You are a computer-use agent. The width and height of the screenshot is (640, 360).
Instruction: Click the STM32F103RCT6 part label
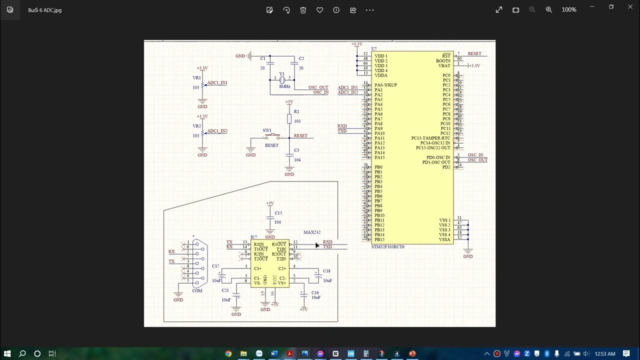coord(388,247)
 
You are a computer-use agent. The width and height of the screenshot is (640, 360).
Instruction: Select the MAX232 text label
coord(311,232)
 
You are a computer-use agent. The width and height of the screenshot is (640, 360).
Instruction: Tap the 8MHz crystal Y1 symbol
coord(282,80)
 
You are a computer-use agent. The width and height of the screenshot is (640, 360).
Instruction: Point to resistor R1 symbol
coord(289,118)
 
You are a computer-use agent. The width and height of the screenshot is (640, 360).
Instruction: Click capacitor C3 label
coord(296,150)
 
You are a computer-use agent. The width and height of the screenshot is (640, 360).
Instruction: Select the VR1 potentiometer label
coord(196,78)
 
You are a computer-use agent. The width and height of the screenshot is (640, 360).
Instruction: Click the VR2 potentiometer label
coord(196,126)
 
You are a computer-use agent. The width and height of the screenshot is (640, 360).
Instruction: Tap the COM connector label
coord(197,290)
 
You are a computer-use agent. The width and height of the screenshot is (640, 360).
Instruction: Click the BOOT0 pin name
coord(443,60)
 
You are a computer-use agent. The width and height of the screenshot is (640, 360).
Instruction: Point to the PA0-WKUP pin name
coord(385,85)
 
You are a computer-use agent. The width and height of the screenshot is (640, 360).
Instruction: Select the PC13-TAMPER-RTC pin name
coord(431,138)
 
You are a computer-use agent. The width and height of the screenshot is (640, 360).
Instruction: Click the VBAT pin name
coord(444,65)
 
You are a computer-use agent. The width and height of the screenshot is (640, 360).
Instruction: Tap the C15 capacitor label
coord(278,213)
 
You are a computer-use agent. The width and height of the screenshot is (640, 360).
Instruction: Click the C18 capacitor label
coord(326,271)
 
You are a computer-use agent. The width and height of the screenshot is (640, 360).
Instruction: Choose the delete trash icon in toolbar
coord(303,10)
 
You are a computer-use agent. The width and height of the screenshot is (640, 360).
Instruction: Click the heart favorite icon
coord(319,10)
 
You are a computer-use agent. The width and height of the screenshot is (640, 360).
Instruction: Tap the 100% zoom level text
coord(569,10)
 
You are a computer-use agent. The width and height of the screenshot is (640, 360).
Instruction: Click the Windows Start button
coord(8,353)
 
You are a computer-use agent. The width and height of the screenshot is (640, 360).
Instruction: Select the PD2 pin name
coord(446,167)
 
